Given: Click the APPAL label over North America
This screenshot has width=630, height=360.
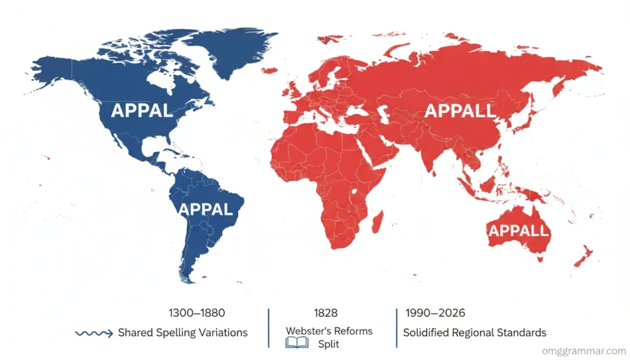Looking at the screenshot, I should (142, 111).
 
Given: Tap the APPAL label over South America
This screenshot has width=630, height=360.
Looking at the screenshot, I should (205, 209).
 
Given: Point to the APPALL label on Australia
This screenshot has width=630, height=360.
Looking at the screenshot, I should (518, 231).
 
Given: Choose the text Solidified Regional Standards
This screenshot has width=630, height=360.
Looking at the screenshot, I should (474, 333).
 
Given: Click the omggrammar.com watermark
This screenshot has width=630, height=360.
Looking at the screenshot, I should (583, 351).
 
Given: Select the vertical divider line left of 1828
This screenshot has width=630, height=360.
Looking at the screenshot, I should (269, 329).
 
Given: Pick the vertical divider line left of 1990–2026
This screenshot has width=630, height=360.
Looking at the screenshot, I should (395, 329).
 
